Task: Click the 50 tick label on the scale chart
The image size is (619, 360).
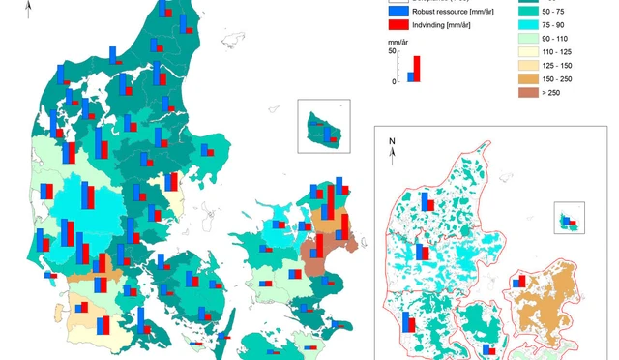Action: point(394,51)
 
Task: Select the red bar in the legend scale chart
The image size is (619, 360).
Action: point(417,69)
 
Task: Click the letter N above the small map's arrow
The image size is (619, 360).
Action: point(393,141)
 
